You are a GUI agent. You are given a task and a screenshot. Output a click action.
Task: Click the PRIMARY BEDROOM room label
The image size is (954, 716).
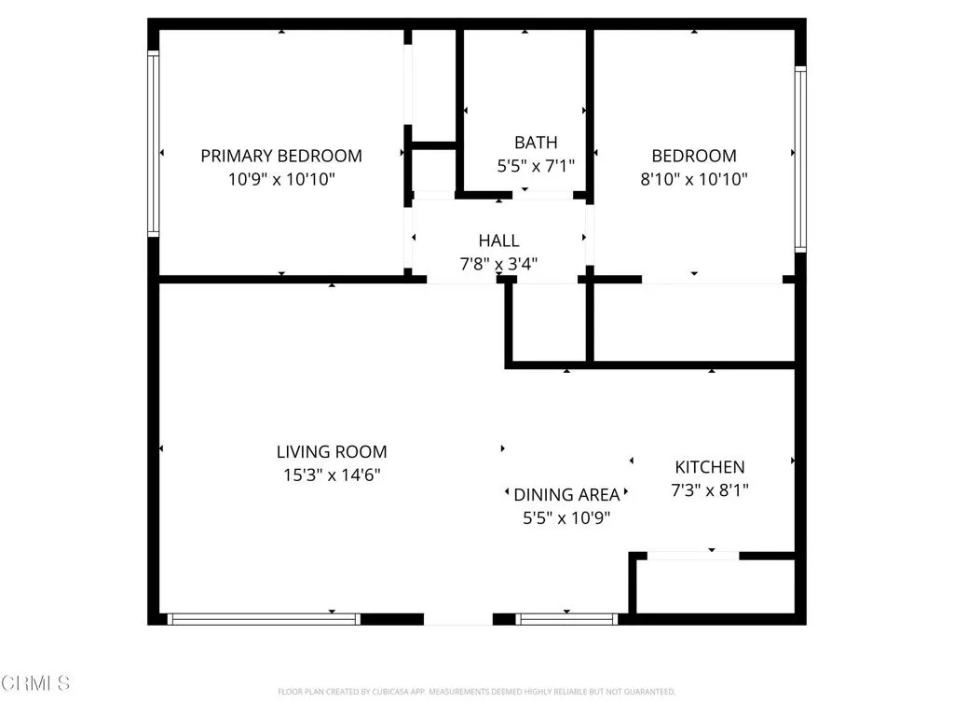[x=281, y=156]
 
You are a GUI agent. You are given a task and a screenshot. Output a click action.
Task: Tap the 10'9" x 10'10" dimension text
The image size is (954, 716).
[x=281, y=179]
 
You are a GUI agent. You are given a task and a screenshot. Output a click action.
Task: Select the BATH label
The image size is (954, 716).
[x=536, y=143]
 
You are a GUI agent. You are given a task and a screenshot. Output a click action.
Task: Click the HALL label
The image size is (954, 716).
[x=498, y=241]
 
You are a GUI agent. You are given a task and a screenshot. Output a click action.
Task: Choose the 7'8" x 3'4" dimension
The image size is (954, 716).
[x=498, y=264]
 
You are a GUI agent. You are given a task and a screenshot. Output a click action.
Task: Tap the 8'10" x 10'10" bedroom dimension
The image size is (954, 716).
[x=694, y=179]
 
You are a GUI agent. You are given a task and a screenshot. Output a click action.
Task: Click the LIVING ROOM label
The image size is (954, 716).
[x=332, y=452]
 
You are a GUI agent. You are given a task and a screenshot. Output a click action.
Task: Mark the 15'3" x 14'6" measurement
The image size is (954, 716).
[x=332, y=475]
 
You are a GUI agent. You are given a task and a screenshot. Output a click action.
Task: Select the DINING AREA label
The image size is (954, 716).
[x=566, y=495]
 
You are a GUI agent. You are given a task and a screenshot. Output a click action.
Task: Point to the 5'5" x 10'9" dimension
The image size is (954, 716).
[x=566, y=517]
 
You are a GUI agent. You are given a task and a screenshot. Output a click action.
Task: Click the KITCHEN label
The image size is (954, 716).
[x=710, y=467]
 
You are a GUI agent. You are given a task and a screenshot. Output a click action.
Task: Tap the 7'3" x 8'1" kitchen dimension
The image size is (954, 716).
[x=710, y=489]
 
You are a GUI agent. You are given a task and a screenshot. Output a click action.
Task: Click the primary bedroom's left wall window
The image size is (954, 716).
[x=153, y=142]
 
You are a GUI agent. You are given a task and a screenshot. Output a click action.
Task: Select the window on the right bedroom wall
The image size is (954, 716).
[x=800, y=158]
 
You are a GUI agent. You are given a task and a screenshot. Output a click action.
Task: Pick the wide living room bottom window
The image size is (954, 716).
[x=264, y=618]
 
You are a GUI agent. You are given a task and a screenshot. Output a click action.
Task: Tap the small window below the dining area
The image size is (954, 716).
[x=566, y=618]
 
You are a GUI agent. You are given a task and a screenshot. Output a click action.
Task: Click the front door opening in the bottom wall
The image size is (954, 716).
[x=458, y=618]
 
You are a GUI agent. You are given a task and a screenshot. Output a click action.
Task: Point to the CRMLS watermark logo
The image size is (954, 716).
[x=35, y=683]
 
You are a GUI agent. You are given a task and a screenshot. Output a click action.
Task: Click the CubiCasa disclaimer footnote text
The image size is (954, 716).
[x=476, y=692]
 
